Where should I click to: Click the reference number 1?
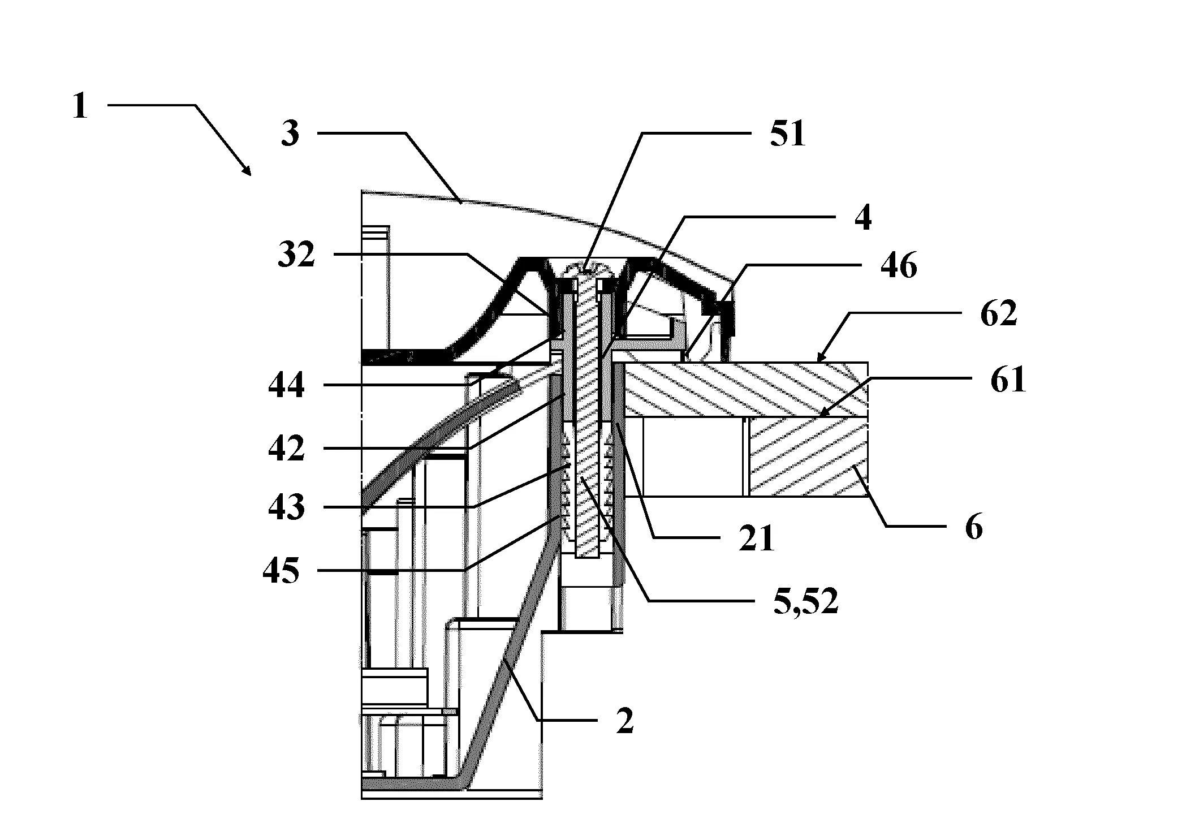tap(81, 106)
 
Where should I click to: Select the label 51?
tap(788, 134)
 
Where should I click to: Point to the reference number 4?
tap(862, 216)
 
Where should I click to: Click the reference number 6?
tap(973, 527)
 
